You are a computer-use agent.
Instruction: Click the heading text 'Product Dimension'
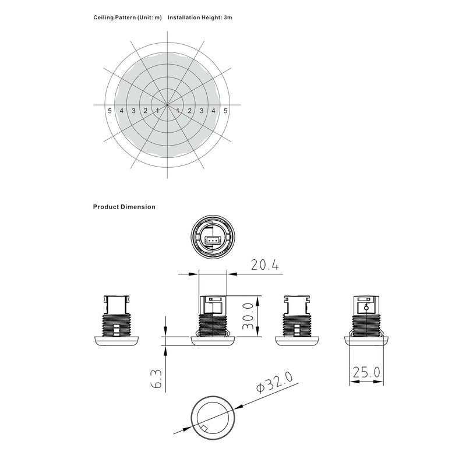tap(124, 207)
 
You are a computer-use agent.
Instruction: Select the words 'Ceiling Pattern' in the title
tap(115, 18)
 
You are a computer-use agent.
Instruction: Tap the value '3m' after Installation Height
tap(228, 18)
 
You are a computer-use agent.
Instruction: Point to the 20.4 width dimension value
tap(265, 265)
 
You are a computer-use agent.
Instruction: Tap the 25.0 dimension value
tap(366, 371)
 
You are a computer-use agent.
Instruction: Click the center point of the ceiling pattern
tap(168, 105)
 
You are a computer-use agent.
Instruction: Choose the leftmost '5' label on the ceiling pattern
tap(110, 111)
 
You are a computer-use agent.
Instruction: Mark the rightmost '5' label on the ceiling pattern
tap(226, 111)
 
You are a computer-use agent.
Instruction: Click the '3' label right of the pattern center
tap(202, 111)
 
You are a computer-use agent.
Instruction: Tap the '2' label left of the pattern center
tap(146, 111)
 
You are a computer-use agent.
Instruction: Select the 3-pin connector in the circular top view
tap(213, 239)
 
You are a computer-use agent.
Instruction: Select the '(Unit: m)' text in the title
tap(150, 18)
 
